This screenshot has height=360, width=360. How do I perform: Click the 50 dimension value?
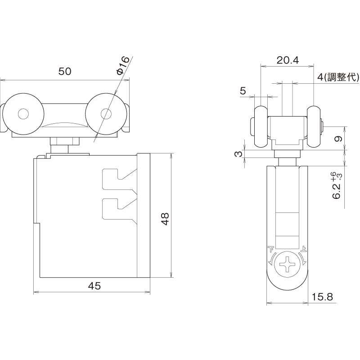[65, 72]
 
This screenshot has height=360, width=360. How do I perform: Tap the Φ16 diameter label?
[123, 66]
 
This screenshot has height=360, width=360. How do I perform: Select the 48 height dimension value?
[165, 219]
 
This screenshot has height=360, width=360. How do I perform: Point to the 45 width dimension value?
[94, 286]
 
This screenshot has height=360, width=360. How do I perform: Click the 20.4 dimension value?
[288, 60]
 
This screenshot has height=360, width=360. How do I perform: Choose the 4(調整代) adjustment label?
[338, 77]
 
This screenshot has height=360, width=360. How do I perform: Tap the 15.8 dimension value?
[322, 297]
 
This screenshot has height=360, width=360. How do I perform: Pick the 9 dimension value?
[338, 139]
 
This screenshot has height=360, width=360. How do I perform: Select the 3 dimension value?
[239, 153]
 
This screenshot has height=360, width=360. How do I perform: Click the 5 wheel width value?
[243, 91]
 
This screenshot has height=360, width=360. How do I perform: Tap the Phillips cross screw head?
[287, 265]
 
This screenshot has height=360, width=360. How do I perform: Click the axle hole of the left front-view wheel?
[23, 114]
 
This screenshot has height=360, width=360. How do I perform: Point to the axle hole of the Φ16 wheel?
[106, 114]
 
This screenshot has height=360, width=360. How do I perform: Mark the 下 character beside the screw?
[271, 249]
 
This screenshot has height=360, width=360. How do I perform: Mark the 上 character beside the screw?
[303, 249]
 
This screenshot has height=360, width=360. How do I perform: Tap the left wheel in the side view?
[261, 126]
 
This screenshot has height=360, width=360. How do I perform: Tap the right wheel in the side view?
[314, 126]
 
